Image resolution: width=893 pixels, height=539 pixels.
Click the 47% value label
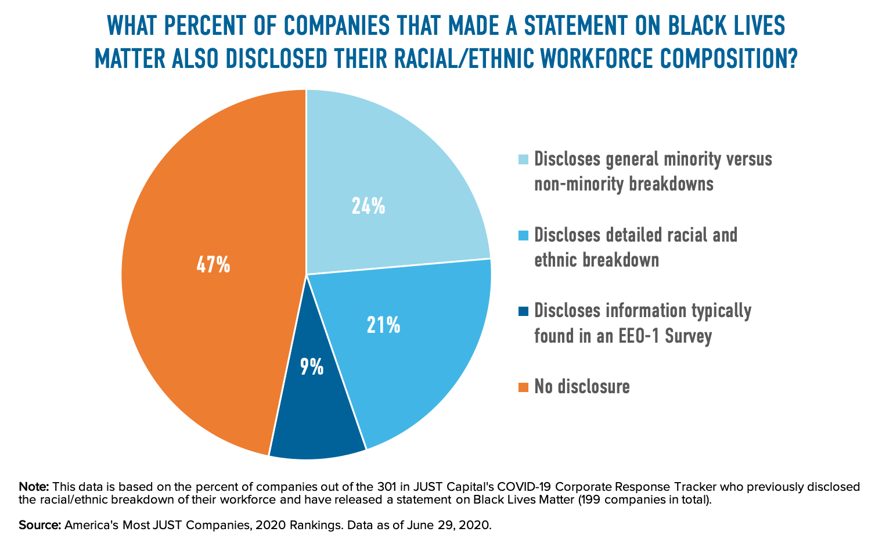[x=213, y=265]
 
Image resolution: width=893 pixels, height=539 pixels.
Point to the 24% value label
[x=368, y=206]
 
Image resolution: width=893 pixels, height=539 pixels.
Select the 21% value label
[x=383, y=325]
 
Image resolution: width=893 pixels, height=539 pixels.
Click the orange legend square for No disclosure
[x=523, y=386]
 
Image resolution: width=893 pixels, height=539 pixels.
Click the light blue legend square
[x=523, y=159]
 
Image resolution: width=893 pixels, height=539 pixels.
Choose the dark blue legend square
[x=523, y=311]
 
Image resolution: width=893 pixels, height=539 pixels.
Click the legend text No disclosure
[x=582, y=386]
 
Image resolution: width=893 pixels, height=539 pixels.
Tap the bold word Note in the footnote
[x=33, y=487]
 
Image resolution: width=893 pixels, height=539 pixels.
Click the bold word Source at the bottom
[x=39, y=525]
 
